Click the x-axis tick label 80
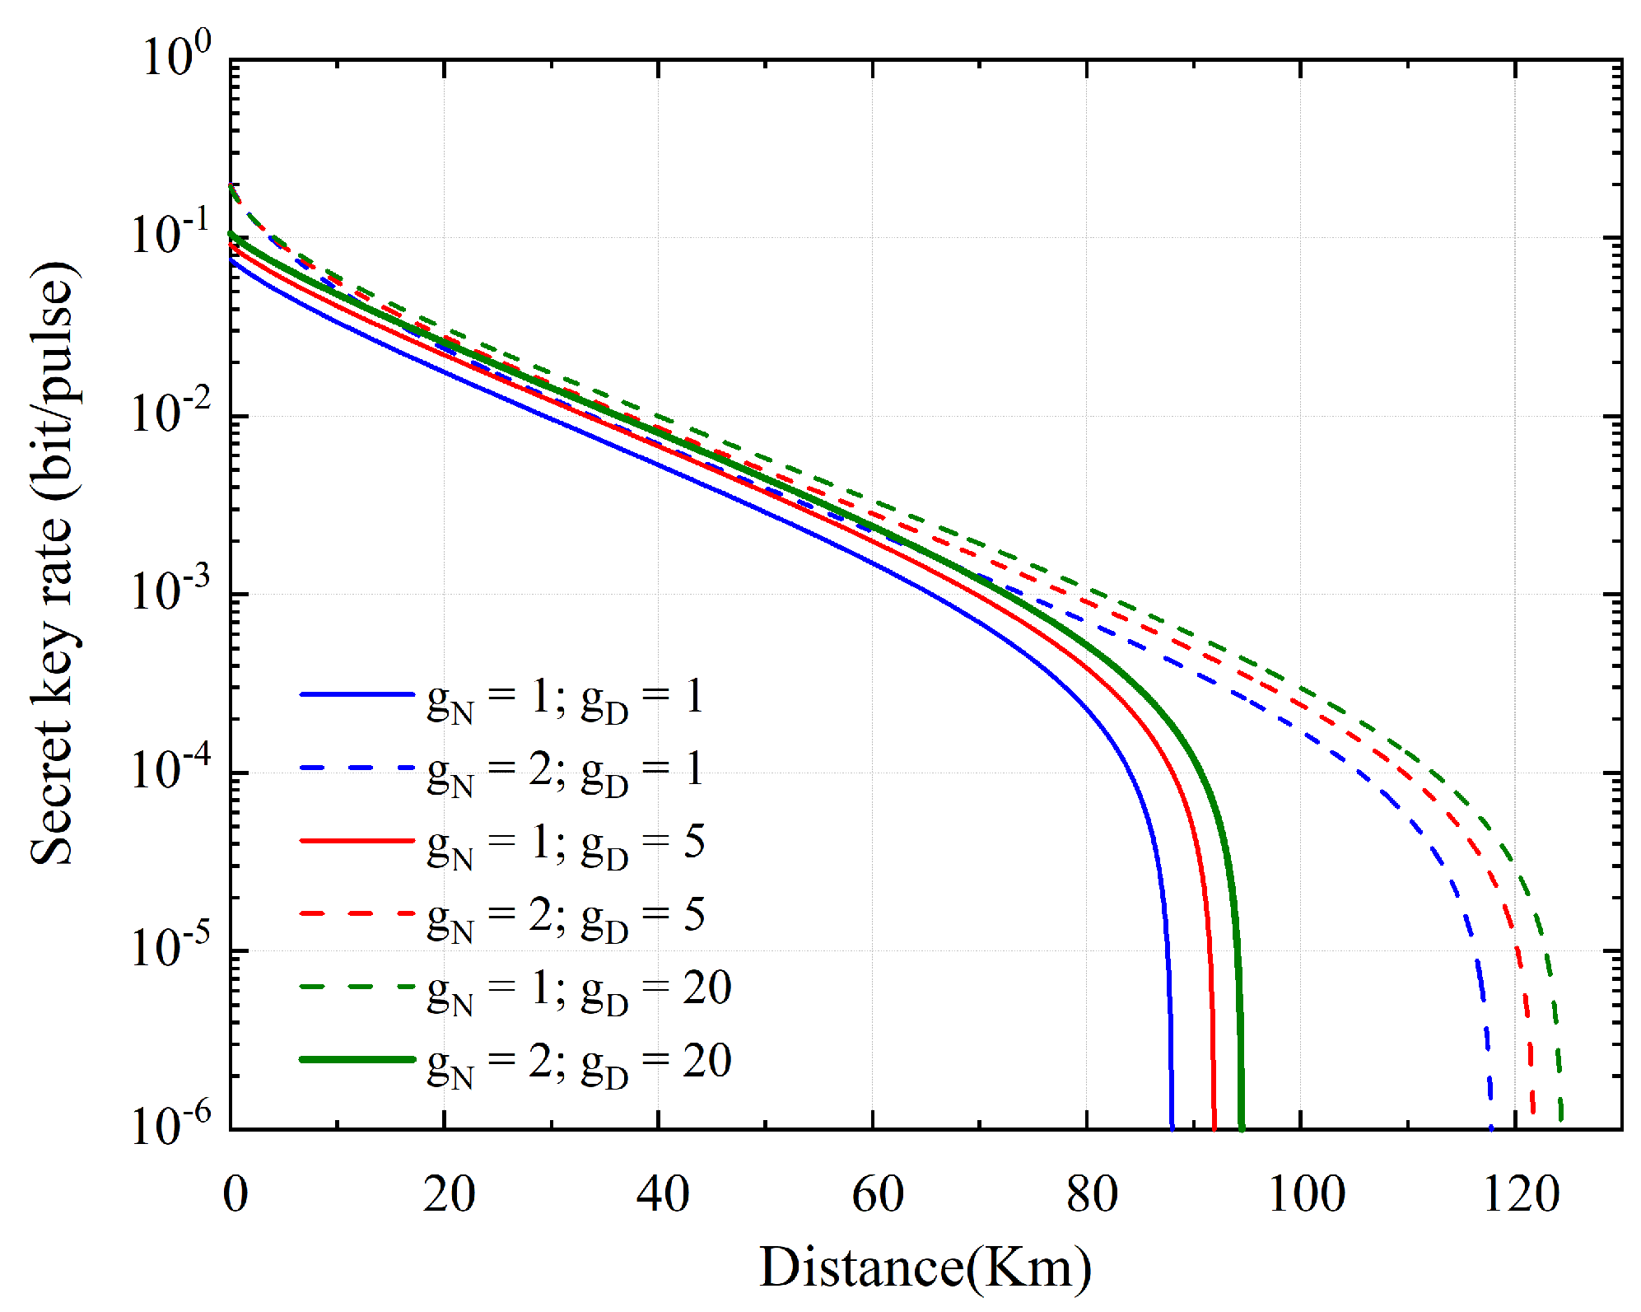(x=1092, y=1194)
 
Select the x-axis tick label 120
(x=1520, y=1194)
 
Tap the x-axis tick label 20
(x=449, y=1194)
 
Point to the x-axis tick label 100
(x=1306, y=1194)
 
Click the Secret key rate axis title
(x=53, y=564)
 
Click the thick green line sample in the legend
(x=357, y=1059)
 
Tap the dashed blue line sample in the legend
(x=357, y=768)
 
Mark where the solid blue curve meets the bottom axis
(x=1172, y=1126)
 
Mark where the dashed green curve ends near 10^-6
(x=1561, y=1118)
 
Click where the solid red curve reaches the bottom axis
(x=1214, y=1126)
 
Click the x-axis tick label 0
(x=235, y=1194)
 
